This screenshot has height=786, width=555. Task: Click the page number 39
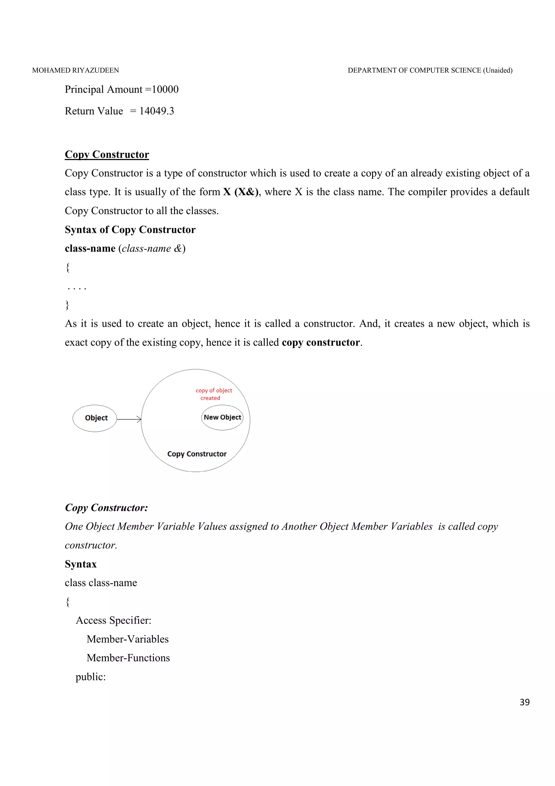tap(524, 702)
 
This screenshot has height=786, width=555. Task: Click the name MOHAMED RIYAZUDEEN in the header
tap(76, 70)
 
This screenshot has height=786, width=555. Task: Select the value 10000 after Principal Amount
tap(165, 89)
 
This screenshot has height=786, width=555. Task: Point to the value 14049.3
tap(157, 111)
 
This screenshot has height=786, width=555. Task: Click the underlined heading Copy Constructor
tap(107, 154)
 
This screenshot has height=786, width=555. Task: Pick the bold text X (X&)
tap(241, 192)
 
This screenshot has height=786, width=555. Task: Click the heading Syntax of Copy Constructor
tap(130, 229)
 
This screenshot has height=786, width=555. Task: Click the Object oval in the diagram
tap(95, 418)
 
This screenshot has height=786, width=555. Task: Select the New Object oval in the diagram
tap(222, 417)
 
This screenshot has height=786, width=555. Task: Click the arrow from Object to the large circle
tap(129, 419)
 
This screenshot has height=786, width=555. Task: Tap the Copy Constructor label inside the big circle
tap(197, 454)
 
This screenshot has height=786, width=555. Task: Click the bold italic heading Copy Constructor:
tap(106, 508)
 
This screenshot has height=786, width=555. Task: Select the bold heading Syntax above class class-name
tap(81, 564)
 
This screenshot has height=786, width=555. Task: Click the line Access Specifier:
tap(113, 620)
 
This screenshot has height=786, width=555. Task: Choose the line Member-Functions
tap(128, 658)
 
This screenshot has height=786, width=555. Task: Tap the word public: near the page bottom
tap(91, 676)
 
